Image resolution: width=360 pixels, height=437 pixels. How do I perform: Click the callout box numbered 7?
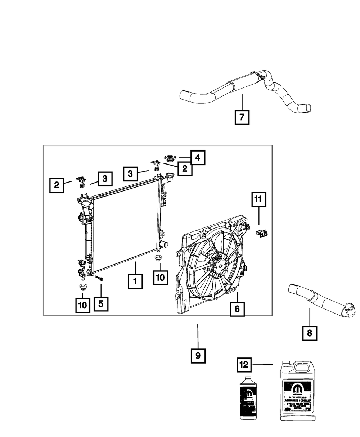242,117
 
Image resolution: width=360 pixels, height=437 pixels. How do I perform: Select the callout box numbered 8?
310,333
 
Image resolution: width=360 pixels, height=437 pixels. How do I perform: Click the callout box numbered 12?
244,365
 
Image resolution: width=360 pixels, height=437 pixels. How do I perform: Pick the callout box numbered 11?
259,200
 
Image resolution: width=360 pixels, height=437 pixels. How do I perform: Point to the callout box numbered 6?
237,308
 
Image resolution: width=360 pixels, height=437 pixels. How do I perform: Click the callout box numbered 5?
101,304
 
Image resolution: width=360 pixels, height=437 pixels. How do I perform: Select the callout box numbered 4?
198,158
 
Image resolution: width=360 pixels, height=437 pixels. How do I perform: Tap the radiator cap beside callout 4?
169,158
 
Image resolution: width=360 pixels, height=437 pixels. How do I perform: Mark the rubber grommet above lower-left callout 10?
82,287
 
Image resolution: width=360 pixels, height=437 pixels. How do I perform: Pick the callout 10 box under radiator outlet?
160,277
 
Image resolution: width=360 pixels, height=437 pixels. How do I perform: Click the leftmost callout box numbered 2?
57,185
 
